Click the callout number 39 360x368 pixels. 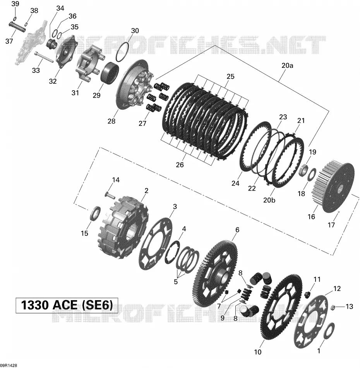[x=15, y=4]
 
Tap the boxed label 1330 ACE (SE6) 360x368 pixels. [x=67, y=305]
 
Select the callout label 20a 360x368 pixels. [x=287, y=66]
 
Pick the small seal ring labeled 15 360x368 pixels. [x=96, y=213]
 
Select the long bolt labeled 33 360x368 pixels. [x=44, y=57]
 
